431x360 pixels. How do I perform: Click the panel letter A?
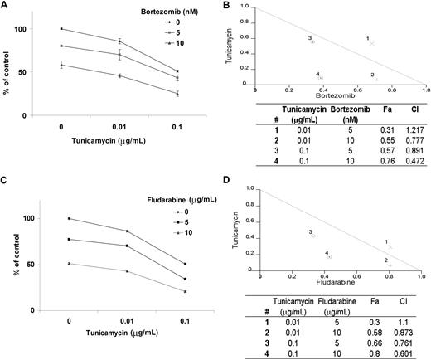click(x=6, y=7)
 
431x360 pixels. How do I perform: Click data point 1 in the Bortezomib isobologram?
click(x=372, y=43)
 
